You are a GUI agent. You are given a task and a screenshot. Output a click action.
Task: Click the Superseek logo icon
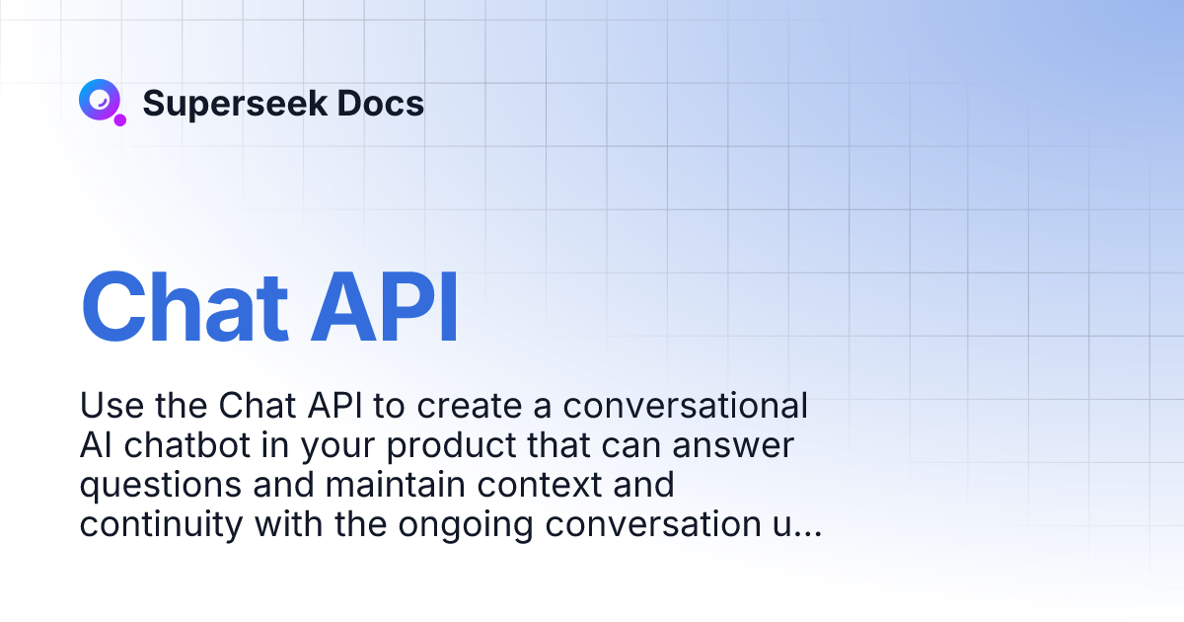(99, 101)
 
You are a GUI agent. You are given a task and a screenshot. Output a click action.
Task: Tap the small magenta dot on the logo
(120, 119)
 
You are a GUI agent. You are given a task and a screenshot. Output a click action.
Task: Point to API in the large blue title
(385, 306)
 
